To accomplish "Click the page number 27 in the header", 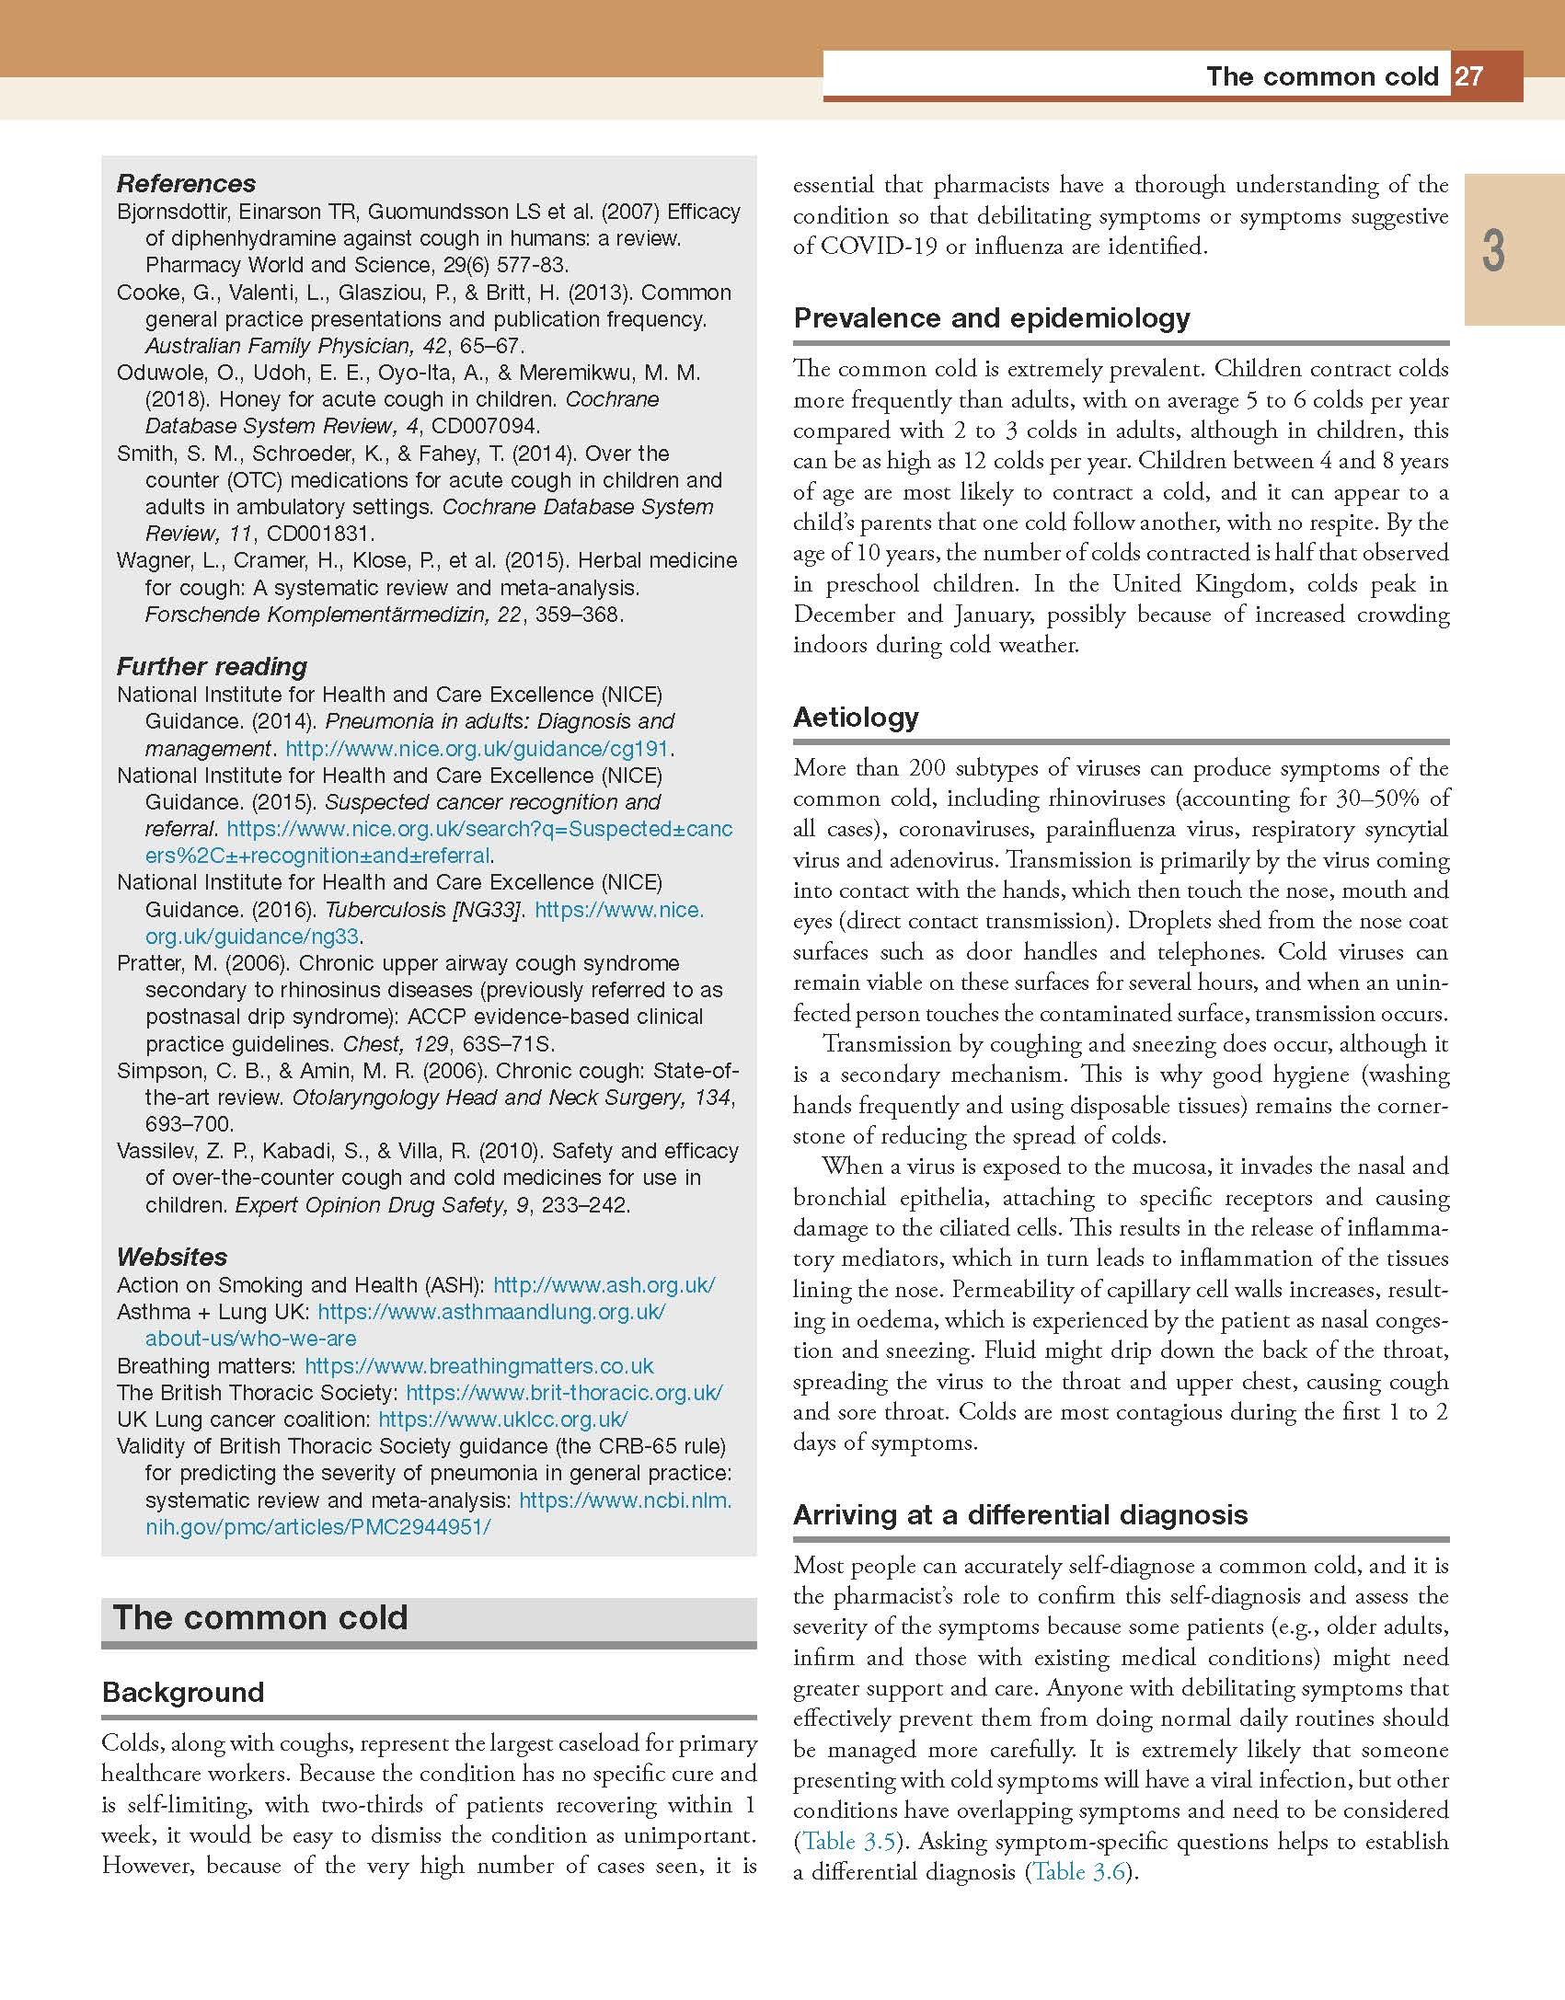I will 1469,76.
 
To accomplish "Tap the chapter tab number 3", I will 1493,251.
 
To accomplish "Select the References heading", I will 186,183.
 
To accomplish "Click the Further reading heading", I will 212,666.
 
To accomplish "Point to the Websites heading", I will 172,1257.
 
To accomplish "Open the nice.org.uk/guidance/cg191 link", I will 477,749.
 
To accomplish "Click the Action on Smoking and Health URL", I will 604,1285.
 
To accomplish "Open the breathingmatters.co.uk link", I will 478,1366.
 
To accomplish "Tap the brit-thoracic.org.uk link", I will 563,1393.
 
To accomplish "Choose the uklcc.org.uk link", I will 502,1420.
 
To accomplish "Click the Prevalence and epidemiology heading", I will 991,318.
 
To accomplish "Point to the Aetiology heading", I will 856,717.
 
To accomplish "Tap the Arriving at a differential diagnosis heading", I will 1020,1514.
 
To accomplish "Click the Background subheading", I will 183,1692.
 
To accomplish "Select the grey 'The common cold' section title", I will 260,1617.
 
